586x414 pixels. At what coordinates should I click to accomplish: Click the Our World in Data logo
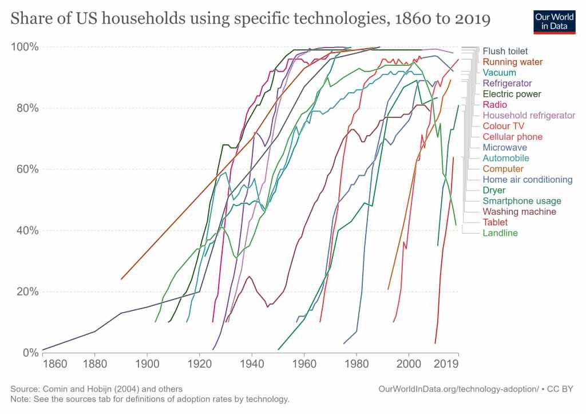tap(554, 21)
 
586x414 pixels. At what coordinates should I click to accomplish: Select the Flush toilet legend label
tap(505, 51)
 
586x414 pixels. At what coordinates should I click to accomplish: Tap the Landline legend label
tap(500, 233)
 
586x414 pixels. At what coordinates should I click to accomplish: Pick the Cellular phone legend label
tap(512, 137)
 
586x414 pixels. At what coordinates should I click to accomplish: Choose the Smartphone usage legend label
tap(522, 201)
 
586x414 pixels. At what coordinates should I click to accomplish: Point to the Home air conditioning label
tap(528, 180)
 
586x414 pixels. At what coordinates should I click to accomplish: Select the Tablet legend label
tap(495, 222)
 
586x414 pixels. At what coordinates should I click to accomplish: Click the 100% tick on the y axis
tap(25, 46)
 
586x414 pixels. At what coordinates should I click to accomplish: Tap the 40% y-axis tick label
tap(27, 230)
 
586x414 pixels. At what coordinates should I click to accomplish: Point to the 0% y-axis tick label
tap(30, 353)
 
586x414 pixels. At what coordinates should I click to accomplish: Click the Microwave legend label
tap(505, 148)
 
